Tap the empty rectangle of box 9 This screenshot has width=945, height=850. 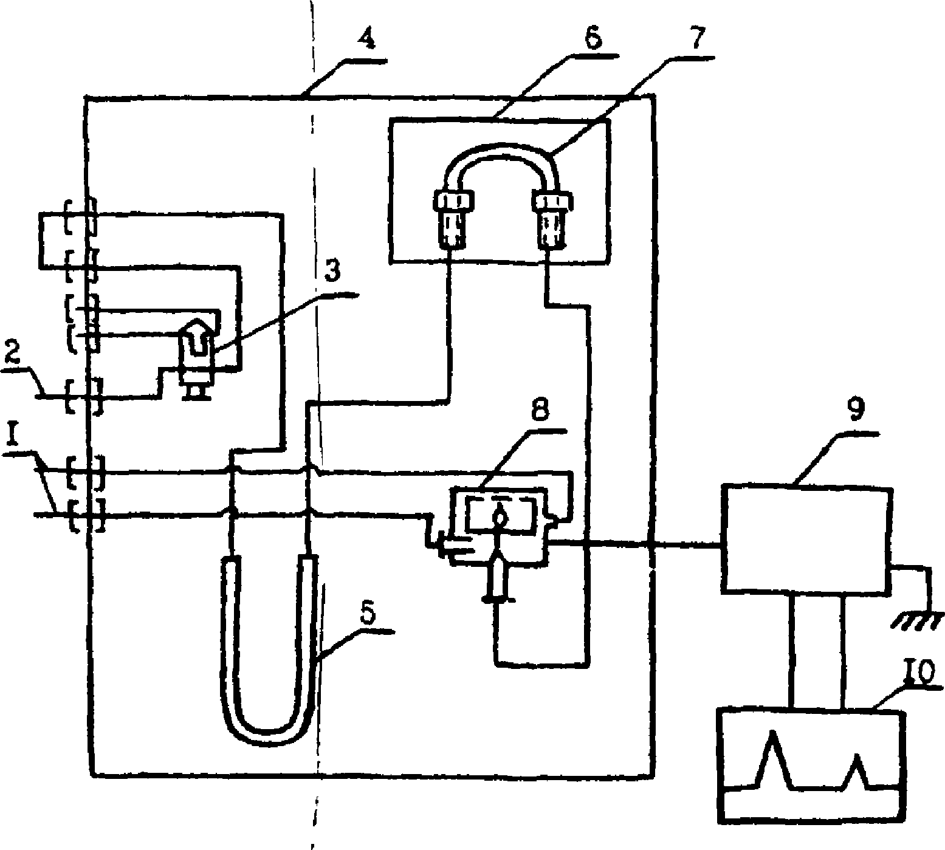tap(806, 538)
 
